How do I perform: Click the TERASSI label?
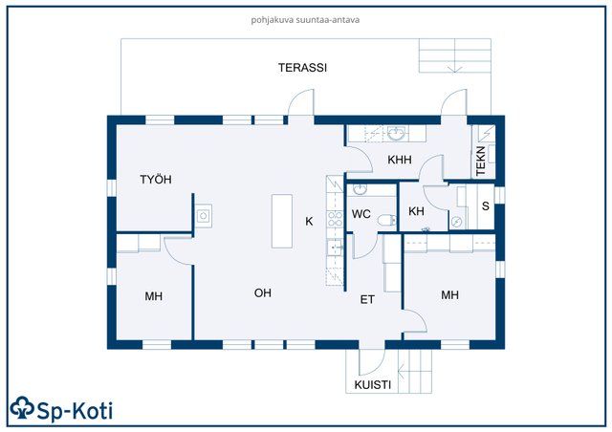tap(302, 68)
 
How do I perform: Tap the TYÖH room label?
tap(155, 180)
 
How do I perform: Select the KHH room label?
tap(399, 161)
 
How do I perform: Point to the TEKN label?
tap(481, 159)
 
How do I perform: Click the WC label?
tap(361, 213)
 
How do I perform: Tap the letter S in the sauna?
tap(485, 205)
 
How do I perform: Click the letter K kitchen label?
tap(309, 222)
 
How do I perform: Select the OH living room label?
tap(263, 293)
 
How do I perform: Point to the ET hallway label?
tap(367, 300)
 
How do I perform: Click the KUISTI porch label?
tap(372, 385)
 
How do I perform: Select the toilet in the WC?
tap(384, 221)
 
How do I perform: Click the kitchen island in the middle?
tap(281, 221)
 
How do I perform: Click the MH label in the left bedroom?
tap(154, 297)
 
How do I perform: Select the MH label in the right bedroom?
tap(449, 295)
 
